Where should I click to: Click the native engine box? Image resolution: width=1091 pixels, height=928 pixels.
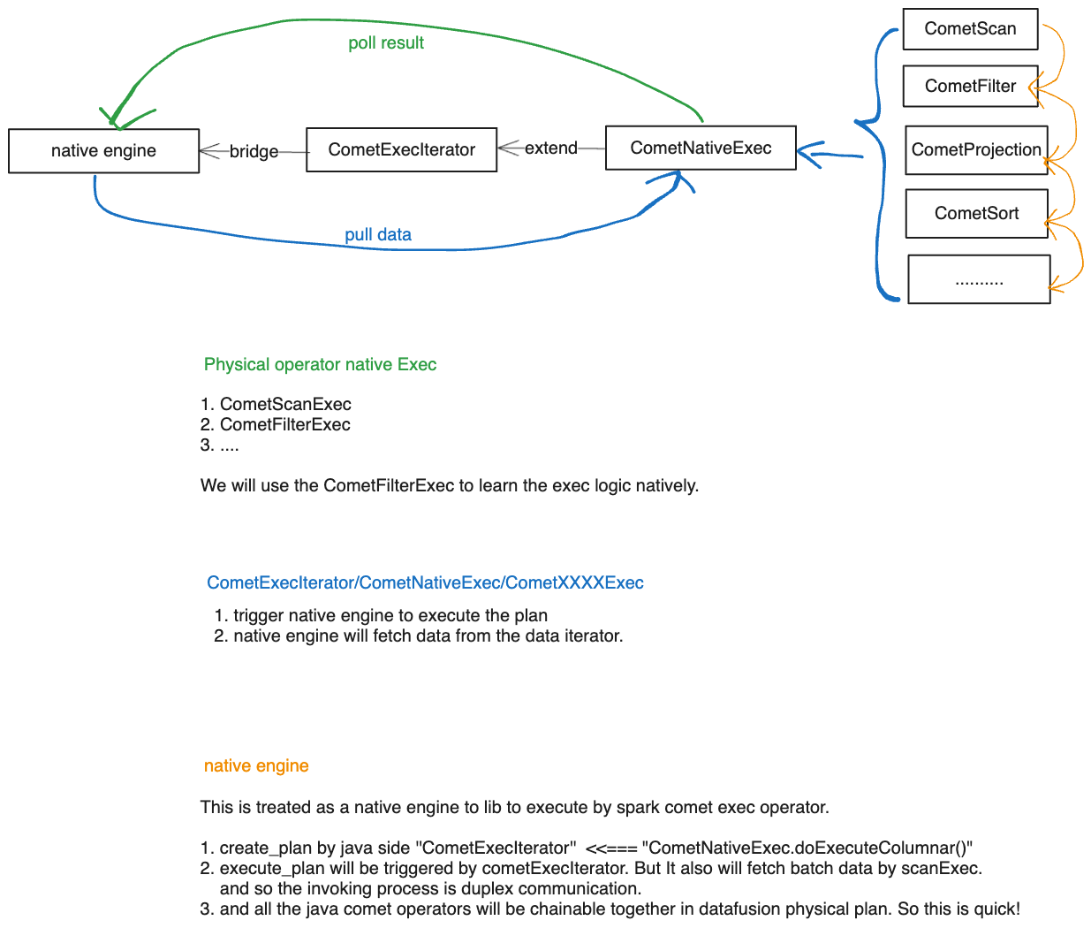(x=103, y=151)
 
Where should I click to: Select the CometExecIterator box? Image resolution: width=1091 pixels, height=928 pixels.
(x=401, y=150)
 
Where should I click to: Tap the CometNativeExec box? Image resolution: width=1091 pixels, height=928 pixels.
(x=701, y=148)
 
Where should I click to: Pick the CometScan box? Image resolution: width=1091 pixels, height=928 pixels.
(x=970, y=29)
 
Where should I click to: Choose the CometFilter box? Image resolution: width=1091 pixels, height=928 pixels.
(x=970, y=87)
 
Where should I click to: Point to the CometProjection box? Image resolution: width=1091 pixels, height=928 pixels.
(x=976, y=150)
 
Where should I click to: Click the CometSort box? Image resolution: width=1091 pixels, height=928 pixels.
(x=976, y=214)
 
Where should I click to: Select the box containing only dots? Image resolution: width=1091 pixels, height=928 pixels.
(x=979, y=279)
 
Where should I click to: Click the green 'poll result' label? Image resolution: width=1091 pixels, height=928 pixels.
(x=386, y=43)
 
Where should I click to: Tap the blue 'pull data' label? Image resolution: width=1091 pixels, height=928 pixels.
(x=378, y=235)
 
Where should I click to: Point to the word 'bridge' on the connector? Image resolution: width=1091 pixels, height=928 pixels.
(x=254, y=152)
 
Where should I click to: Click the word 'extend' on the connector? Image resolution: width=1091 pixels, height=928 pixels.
(x=550, y=148)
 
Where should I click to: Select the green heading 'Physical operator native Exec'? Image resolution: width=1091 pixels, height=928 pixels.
(x=320, y=365)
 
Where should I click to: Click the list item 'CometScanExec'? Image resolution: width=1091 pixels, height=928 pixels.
(x=285, y=405)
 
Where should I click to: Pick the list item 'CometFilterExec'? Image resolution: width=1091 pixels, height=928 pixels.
(x=284, y=425)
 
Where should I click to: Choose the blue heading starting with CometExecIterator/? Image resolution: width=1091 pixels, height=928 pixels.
(x=425, y=583)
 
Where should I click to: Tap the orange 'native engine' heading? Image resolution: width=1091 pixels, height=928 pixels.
(x=256, y=766)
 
